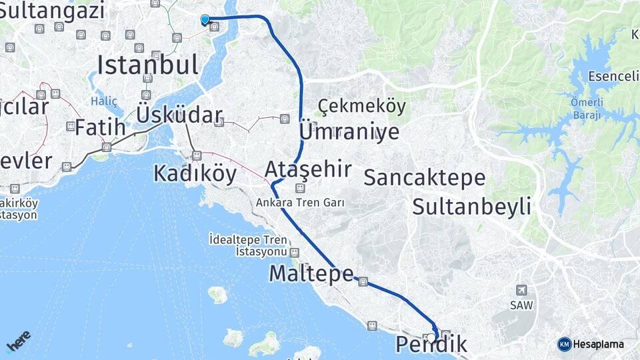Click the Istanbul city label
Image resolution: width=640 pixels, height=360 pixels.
click(x=148, y=65)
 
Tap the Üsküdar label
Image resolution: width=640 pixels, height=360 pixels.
click(x=179, y=115)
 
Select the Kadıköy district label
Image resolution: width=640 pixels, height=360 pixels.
click(x=195, y=173)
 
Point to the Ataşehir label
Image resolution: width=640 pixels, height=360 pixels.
click(x=308, y=169)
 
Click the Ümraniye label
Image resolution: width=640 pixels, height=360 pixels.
click(x=349, y=131)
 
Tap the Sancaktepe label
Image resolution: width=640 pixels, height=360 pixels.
click(x=425, y=177)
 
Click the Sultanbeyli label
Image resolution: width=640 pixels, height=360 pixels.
click(x=471, y=206)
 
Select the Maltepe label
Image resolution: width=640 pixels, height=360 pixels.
click(x=311, y=273)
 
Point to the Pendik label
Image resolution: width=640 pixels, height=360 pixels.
click(x=431, y=345)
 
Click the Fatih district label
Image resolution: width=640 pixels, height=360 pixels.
click(x=100, y=127)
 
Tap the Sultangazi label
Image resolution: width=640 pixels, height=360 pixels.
click(x=53, y=11)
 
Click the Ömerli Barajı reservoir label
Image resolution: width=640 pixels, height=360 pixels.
click(x=587, y=108)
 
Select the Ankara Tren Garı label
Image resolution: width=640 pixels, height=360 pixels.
click(x=301, y=202)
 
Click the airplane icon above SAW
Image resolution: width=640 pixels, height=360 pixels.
click(x=521, y=290)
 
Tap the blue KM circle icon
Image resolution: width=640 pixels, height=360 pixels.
click(x=565, y=344)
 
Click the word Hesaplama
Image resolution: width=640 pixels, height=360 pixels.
click(x=599, y=344)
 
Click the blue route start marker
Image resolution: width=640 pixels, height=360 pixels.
click(x=205, y=20)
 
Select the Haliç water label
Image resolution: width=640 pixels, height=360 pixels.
click(x=105, y=101)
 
